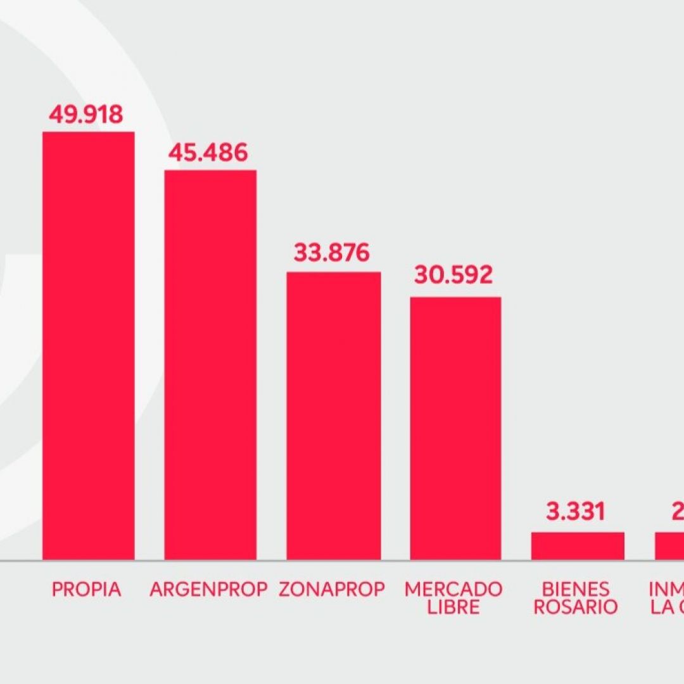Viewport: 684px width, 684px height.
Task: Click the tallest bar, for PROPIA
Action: [x=88, y=345]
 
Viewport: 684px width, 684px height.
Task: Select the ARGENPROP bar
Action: [x=210, y=364]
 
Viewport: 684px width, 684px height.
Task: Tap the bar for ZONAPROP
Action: [x=333, y=415]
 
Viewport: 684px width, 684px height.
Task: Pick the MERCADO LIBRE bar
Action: [x=455, y=428]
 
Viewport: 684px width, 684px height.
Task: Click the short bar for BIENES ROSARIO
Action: [x=578, y=546]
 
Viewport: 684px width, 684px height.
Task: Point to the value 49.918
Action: [x=85, y=115]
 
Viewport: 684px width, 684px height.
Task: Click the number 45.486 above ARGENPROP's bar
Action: [x=208, y=153]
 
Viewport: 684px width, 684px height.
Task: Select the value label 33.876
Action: [x=331, y=253]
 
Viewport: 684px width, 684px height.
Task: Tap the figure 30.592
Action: [x=453, y=275]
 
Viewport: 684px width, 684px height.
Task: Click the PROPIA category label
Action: [x=86, y=590]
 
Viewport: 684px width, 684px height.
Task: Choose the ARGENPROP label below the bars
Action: [x=210, y=590]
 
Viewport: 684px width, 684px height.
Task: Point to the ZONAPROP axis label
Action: [x=332, y=590]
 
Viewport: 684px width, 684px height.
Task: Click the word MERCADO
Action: [x=453, y=590]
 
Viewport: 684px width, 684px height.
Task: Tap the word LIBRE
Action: [x=453, y=607]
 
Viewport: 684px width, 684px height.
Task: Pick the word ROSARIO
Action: [x=575, y=607]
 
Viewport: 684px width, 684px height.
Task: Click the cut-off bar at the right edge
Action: [x=669, y=546]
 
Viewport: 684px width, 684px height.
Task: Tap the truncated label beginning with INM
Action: [x=666, y=590]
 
